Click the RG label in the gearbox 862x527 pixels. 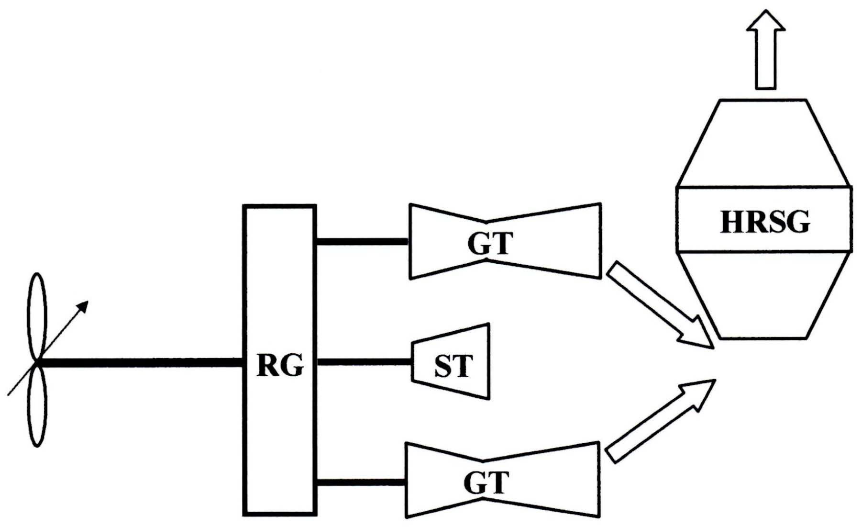click(280, 366)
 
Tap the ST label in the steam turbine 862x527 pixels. click(453, 366)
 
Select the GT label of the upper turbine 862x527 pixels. click(490, 244)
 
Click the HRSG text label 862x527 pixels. click(764, 222)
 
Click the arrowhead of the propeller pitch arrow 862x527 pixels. click(83, 306)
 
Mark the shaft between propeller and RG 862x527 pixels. click(144, 363)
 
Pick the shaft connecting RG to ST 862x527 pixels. click(364, 362)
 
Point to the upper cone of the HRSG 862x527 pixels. click(764, 144)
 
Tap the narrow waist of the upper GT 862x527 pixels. click(486, 225)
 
